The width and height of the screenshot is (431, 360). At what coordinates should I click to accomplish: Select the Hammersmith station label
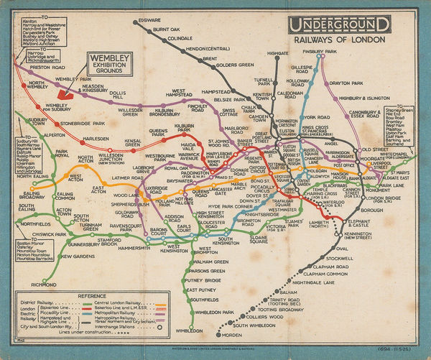pyautogui.click(x=134, y=247)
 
